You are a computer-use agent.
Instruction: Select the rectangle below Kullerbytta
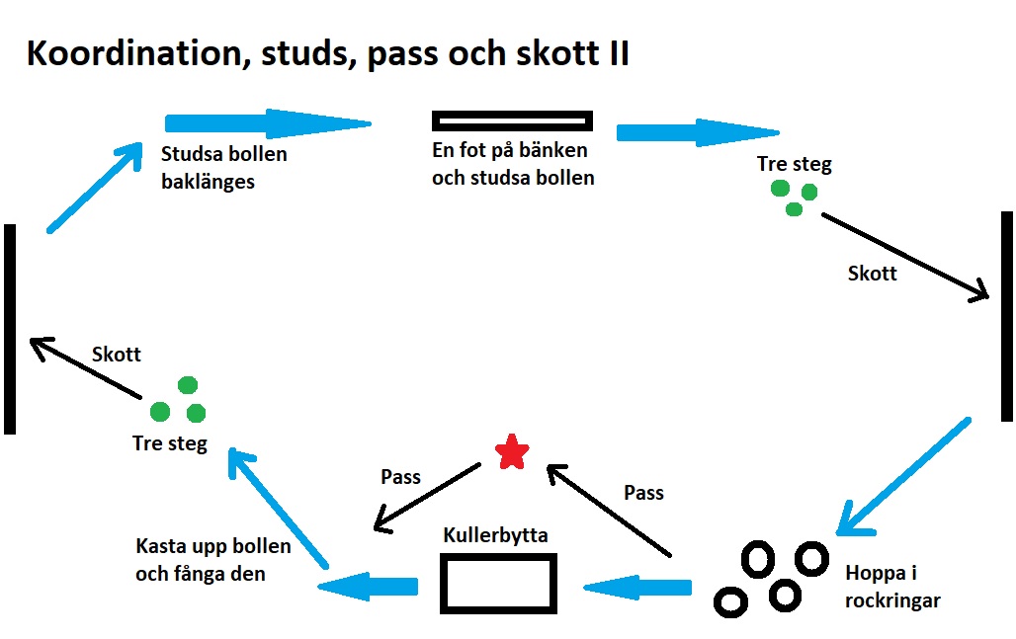498,583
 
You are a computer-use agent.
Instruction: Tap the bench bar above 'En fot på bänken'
512,121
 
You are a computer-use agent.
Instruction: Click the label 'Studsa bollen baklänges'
223,168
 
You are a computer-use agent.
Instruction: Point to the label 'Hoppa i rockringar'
892,586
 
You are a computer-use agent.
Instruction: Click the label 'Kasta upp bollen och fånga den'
212,559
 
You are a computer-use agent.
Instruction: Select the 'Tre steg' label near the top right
794,164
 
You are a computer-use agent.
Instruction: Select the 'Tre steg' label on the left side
170,443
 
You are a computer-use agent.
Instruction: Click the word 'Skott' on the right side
872,274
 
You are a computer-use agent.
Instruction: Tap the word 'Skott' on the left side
117,355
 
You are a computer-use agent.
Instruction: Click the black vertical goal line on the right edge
1006,316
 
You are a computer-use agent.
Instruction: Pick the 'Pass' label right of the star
643,492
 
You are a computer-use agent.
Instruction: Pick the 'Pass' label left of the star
400,477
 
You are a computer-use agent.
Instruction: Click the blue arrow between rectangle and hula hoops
637,588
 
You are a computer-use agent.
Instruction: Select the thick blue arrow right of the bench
697,132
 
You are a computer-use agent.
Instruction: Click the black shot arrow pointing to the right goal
904,255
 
